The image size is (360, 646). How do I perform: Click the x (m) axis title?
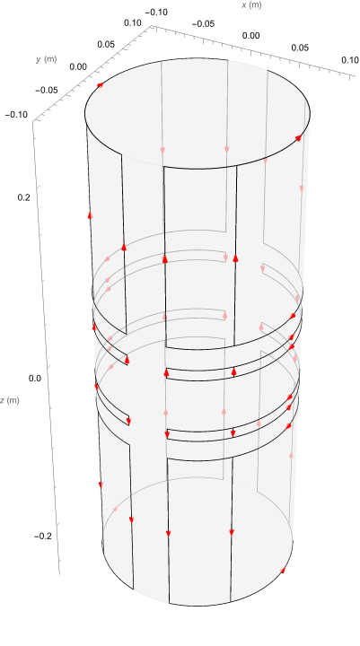pos(251,5)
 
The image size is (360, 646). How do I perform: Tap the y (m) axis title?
pos(46,59)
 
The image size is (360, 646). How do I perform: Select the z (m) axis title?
pos(9,399)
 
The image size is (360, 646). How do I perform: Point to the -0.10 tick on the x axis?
pos(156,13)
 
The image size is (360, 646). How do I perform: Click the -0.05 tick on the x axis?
pos(203,24)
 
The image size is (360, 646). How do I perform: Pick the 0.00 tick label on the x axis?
pos(250,36)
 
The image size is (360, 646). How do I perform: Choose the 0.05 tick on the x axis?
pos(300,48)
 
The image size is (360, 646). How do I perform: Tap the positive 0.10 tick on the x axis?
pos(350,60)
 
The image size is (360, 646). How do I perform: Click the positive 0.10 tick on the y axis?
pos(133,22)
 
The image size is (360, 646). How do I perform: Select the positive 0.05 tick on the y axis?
pos(106,44)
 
